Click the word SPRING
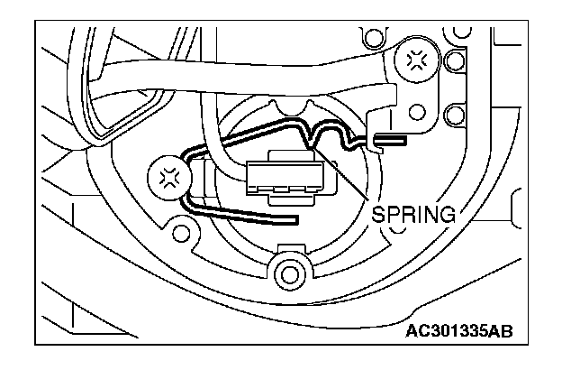(x=413, y=215)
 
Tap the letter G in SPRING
(x=449, y=215)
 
